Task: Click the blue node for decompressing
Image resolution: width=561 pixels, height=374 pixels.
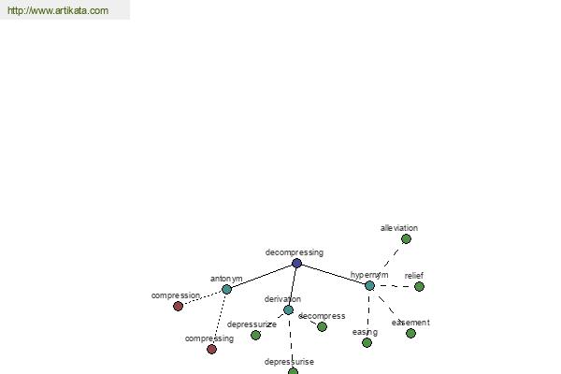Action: point(296,264)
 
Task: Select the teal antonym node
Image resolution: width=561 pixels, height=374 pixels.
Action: point(226,289)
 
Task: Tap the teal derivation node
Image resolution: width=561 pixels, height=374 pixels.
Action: point(288,309)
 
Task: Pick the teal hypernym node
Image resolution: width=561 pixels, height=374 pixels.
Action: point(369,285)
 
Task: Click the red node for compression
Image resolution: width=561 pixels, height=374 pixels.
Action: point(178,307)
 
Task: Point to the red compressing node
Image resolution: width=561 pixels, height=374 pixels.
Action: point(211,350)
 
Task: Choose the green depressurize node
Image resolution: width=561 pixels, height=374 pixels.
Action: point(255,336)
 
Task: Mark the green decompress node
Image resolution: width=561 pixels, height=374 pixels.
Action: point(322,326)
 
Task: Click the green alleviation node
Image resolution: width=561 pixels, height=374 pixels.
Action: point(406,239)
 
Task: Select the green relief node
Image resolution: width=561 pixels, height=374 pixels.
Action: point(419,287)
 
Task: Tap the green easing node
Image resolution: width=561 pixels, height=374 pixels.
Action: point(367,343)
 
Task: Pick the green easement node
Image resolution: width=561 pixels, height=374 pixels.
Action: point(410,334)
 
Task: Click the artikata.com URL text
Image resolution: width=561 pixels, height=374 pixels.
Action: point(58,10)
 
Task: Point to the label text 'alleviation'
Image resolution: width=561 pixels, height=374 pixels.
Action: point(399,228)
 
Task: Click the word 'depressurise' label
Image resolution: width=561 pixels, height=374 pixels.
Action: point(289,362)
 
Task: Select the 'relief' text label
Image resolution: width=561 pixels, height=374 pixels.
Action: point(414,276)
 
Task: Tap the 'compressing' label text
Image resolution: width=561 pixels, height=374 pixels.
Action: point(209,338)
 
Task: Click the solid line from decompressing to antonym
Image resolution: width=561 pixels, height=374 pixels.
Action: point(262,277)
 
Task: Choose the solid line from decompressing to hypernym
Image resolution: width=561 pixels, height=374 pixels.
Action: point(333,275)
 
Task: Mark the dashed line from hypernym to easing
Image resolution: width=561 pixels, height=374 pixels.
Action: point(368,314)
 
